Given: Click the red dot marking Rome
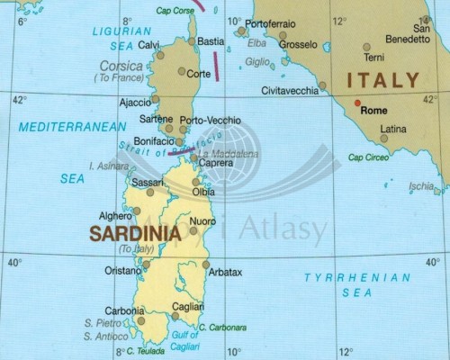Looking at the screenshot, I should coord(357,102).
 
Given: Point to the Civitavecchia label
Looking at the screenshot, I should coord(290,91).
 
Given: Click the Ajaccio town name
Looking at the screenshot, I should coord(135,102).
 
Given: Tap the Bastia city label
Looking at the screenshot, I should coord(211,41).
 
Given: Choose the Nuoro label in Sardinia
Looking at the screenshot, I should coord(202,220).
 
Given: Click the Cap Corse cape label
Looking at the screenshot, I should coord(175,11).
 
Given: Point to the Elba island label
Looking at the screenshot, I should coord(256,42).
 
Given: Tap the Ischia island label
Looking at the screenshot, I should coord(421,186).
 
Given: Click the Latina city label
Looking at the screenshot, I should coord(393,129).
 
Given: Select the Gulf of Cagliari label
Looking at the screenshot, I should coord(184,340).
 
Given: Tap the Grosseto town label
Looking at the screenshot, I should coord(298,43).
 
